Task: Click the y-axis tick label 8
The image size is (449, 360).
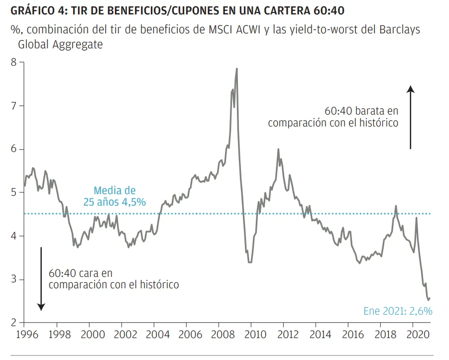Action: tap(14, 62)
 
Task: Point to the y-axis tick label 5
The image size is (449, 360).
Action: tap(14, 193)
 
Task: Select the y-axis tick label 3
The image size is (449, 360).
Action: tap(14, 279)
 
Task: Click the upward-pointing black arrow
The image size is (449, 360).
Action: tap(410, 117)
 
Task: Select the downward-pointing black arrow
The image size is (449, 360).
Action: tap(41, 279)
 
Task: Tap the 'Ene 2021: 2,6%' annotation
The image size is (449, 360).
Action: tap(398, 311)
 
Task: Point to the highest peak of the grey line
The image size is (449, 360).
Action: tap(236, 69)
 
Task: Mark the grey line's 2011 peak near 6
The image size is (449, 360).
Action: tap(278, 149)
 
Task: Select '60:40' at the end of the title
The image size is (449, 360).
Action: tap(330, 11)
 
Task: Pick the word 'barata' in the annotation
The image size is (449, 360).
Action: tap(374, 111)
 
